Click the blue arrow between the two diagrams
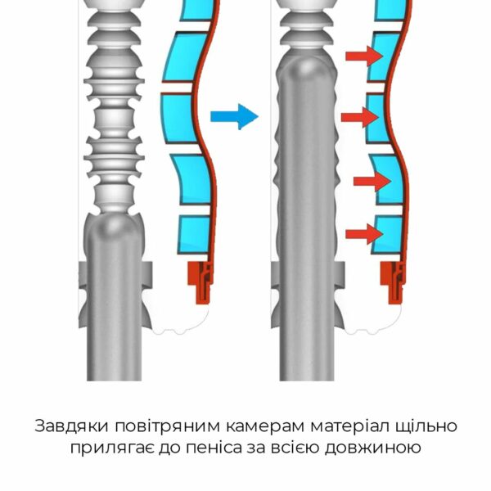[x=234, y=116]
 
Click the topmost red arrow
[x=364, y=56]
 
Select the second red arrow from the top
[x=360, y=117]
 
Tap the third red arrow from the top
[x=372, y=181]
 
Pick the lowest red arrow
[x=364, y=234]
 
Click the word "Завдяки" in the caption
[x=72, y=426]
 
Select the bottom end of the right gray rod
[x=307, y=381]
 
